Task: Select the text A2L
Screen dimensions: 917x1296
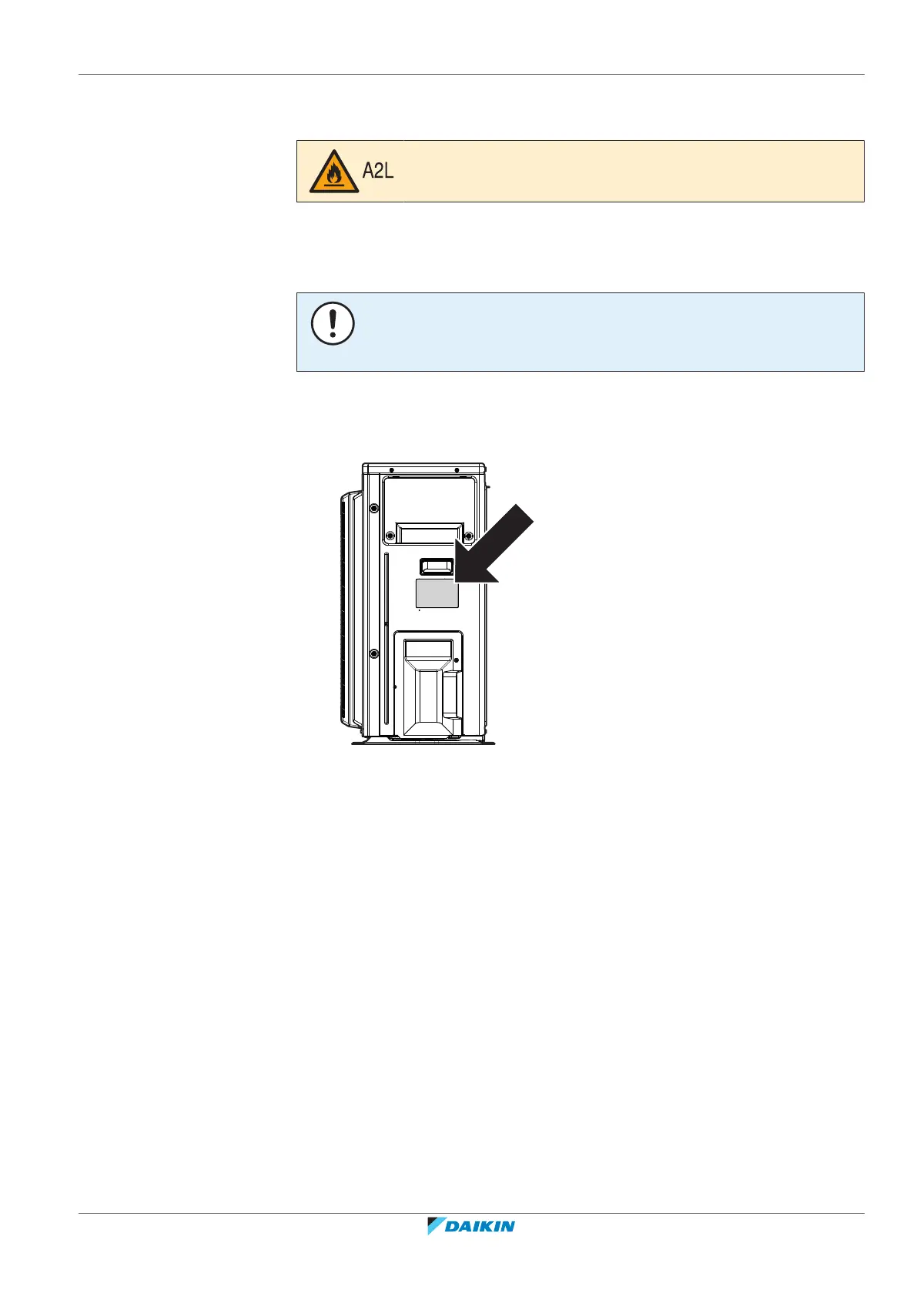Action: point(378,171)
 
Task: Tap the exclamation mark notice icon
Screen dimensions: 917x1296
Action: point(333,323)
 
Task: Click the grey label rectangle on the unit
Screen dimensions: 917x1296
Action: point(437,593)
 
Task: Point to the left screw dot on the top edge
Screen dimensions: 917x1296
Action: point(392,470)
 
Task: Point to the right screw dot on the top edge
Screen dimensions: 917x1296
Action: point(457,470)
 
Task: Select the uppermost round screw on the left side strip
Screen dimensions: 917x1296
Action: point(373,509)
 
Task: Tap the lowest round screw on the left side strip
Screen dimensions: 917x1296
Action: point(373,653)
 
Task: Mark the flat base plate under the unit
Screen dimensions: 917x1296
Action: point(423,743)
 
